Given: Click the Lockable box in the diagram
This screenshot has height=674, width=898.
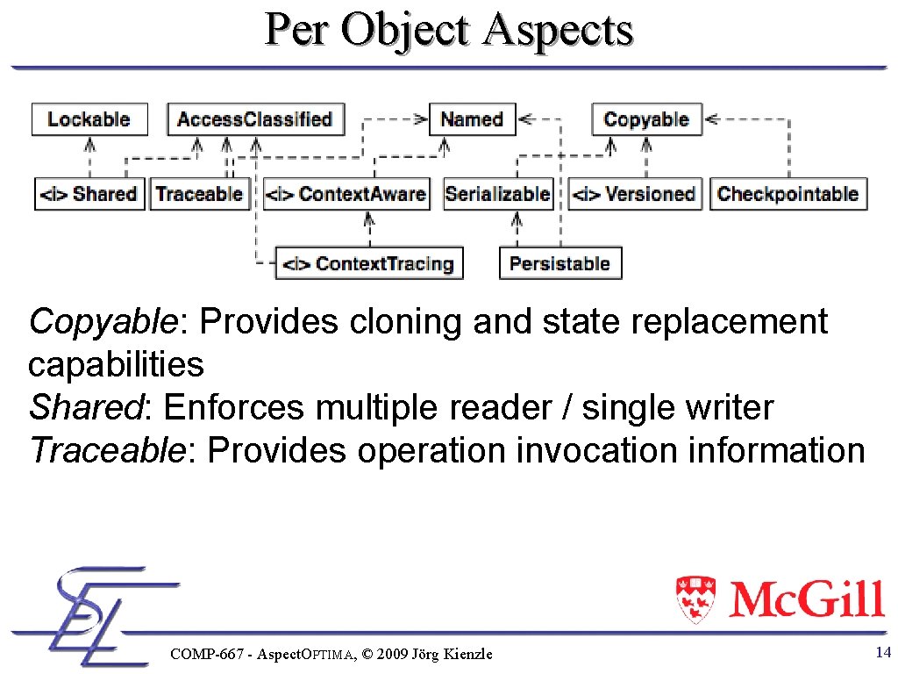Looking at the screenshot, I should (89, 119).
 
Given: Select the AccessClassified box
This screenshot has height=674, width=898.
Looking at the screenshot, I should (255, 119).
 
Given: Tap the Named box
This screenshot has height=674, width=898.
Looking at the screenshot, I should (472, 119).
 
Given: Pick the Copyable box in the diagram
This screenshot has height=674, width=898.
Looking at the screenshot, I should (646, 119).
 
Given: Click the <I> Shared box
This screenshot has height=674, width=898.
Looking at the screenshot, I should (89, 194).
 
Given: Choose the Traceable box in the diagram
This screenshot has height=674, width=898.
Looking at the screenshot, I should (199, 194).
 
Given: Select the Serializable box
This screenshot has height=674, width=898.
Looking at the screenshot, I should (498, 194).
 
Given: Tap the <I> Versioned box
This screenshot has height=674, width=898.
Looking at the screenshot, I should (634, 194).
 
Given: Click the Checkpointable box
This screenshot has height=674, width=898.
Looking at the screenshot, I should (788, 194).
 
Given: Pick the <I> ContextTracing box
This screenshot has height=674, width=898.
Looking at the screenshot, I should (369, 263).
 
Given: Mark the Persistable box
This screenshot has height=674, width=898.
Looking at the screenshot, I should (560, 263).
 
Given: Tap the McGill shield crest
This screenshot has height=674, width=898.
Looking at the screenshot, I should (695, 599).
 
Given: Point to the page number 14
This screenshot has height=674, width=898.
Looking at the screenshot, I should (883, 652).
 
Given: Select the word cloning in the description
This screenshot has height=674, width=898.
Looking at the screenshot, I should (407, 322).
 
